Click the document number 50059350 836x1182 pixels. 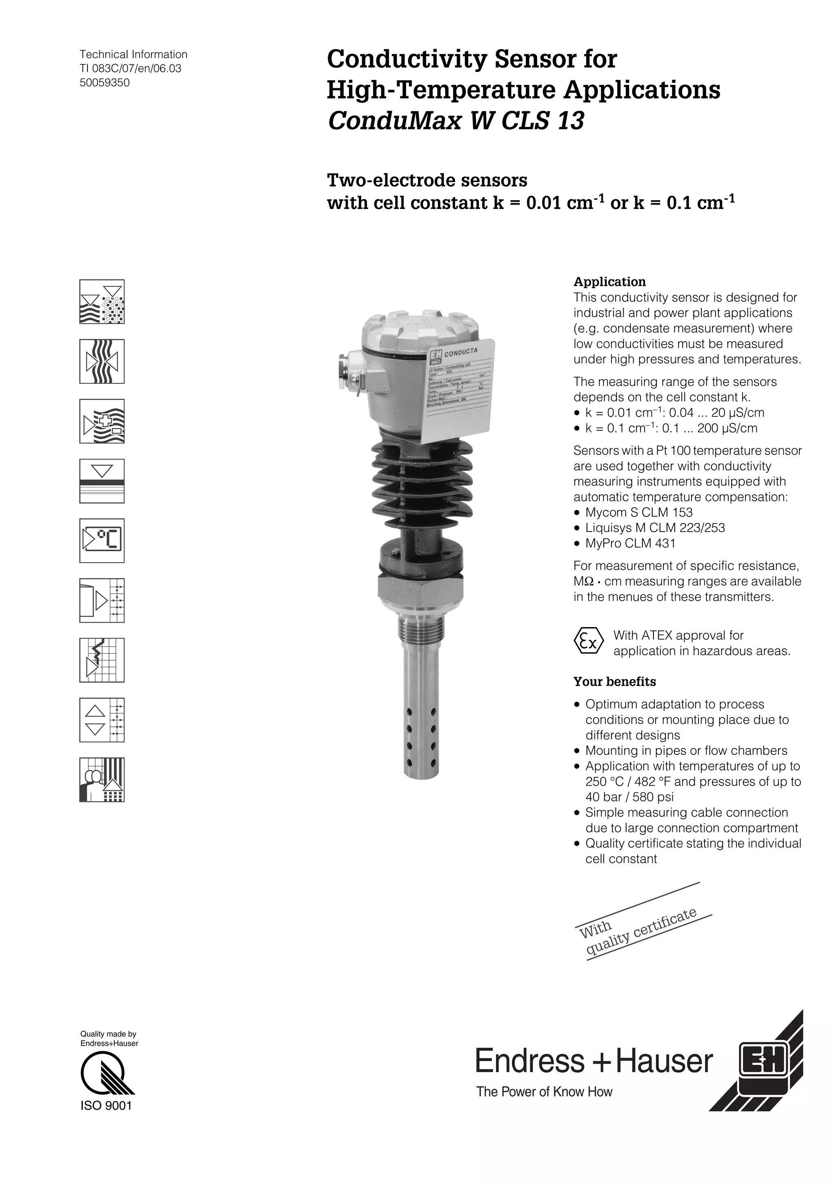coord(104,83)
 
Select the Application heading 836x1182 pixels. coord(609,282)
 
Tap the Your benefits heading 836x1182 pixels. coord(615,681)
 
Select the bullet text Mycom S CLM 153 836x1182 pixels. coord(638,512)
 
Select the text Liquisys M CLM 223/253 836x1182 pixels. coord(655,528)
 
